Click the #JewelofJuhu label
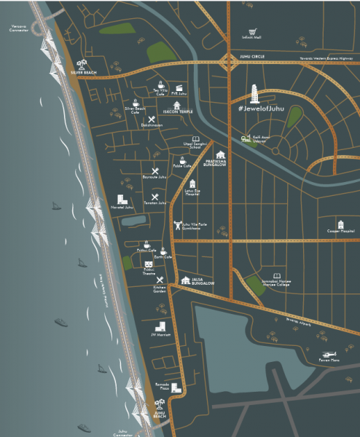260,109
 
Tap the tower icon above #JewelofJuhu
254,94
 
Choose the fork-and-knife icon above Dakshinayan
152,119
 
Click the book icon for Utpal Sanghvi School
195,139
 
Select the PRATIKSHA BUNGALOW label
217,164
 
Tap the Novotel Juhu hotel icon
122,200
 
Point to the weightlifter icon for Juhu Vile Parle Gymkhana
176,224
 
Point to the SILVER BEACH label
84,73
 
